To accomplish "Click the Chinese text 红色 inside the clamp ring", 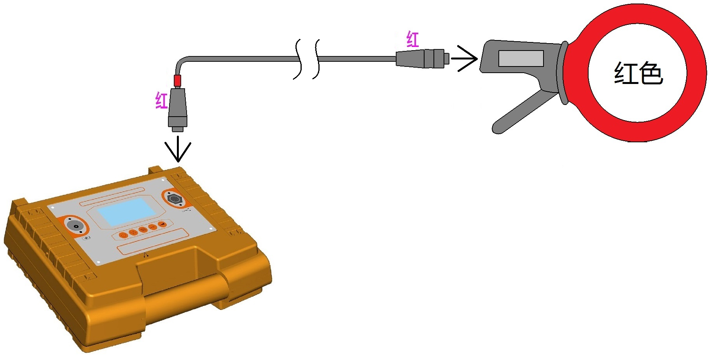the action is coord(638,73).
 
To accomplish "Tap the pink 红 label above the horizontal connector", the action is coord(412,40).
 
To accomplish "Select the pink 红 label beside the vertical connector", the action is coord(161,100).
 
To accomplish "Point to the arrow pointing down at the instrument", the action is coord(178,148).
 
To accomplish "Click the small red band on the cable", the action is coord(177,81).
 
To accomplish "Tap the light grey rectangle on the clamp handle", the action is coord(521,59).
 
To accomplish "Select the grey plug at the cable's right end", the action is coord(423,59).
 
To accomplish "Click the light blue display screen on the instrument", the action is coord(126,212).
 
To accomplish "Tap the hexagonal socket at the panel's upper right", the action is coord(174,199).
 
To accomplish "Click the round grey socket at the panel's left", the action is coord(75,225).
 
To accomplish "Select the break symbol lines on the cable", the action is coord(307,59).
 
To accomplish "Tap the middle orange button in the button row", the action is coord(143,230).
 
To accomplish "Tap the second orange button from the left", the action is coord(133,232).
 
